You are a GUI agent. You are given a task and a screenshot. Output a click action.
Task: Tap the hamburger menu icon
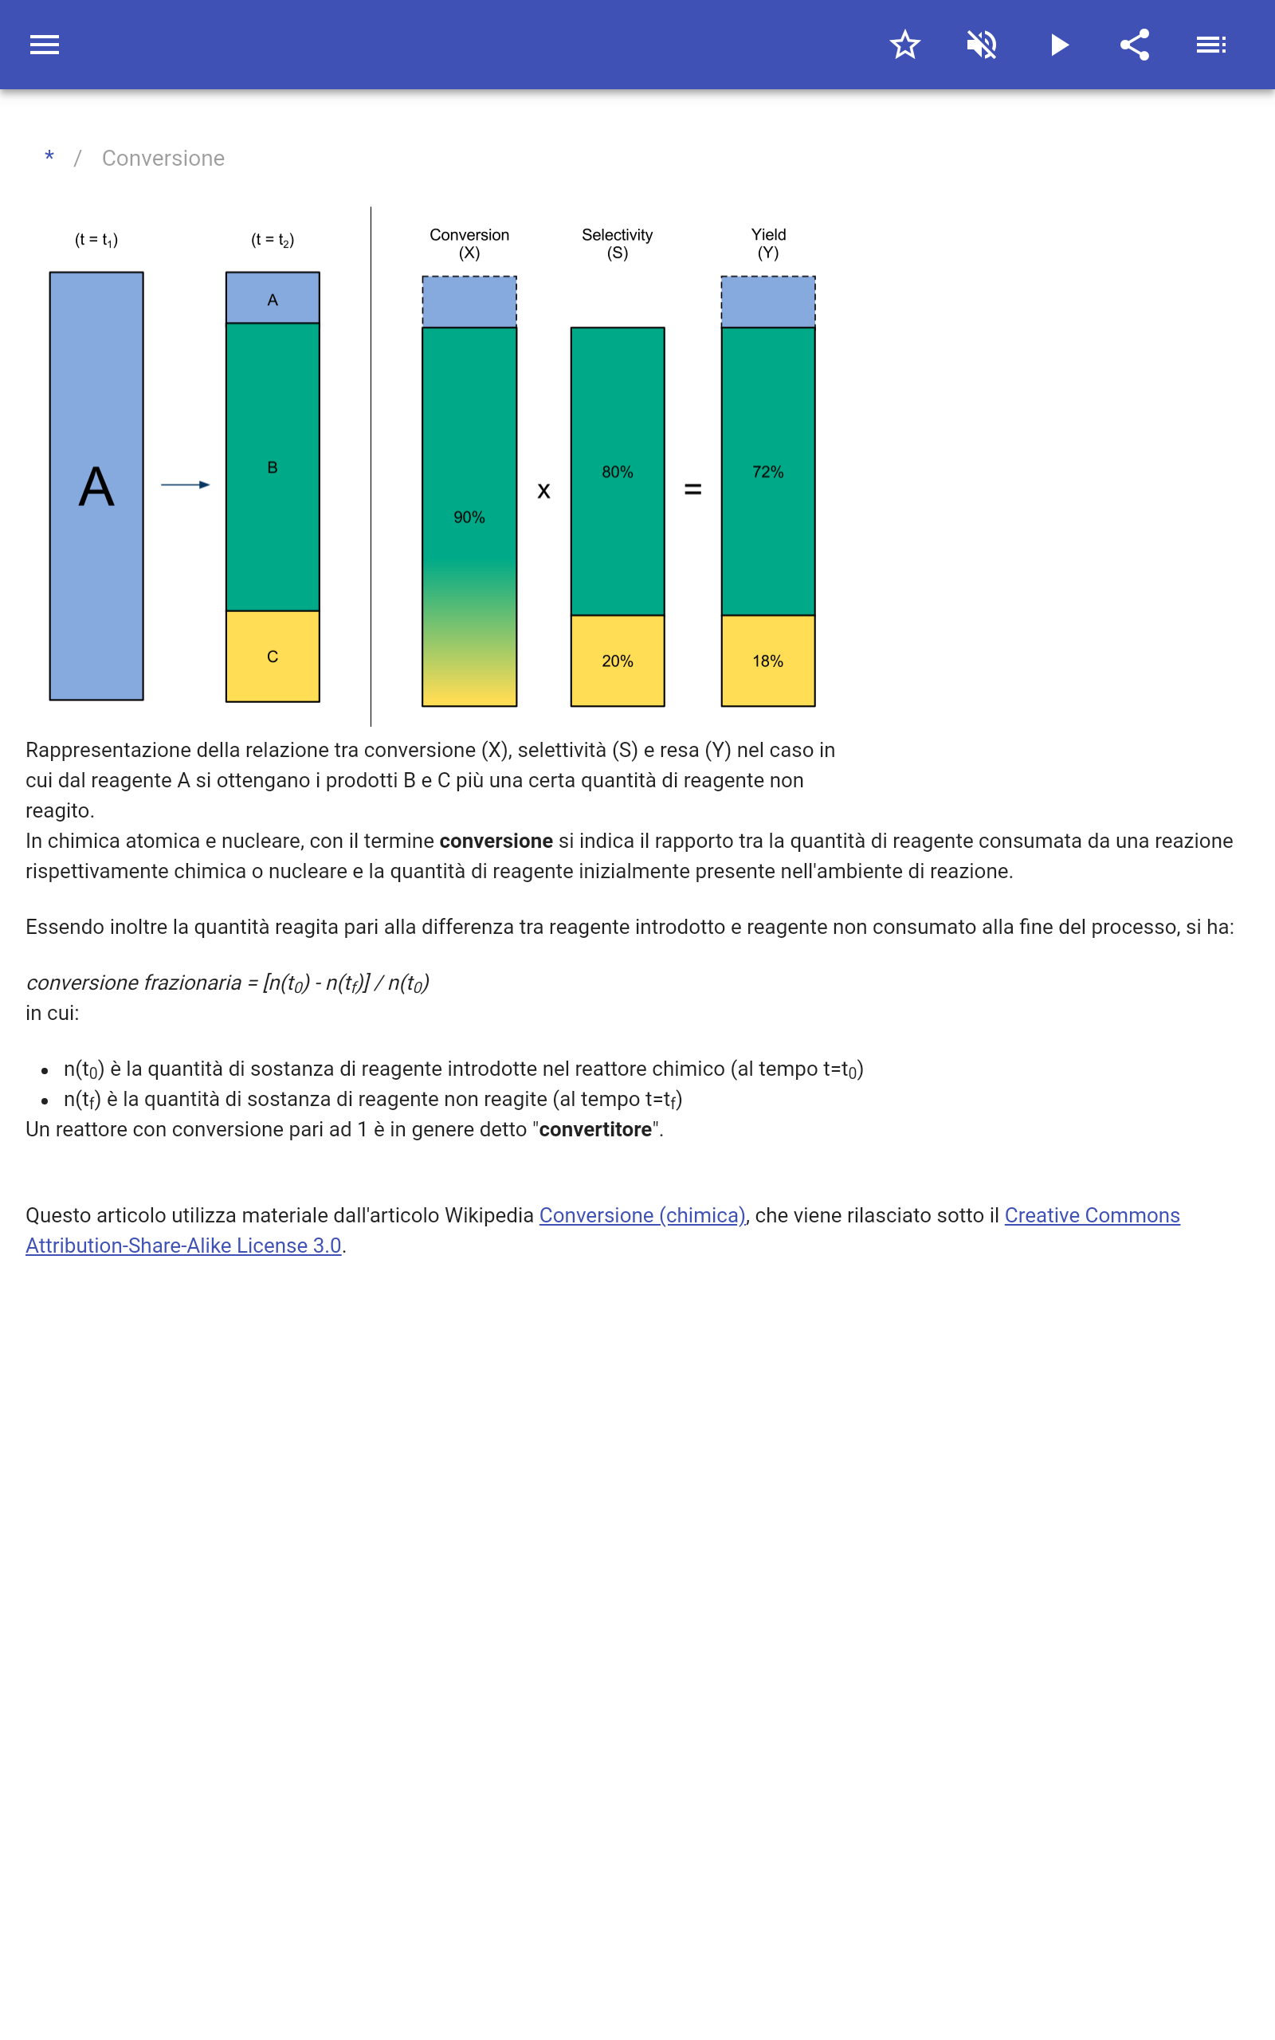(x=45, y=45)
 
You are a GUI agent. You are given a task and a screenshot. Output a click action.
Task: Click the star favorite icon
(x=904, y=45)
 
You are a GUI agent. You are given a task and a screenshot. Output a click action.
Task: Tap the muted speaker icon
(x=982, y=45)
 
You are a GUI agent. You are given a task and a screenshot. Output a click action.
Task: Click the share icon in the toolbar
(x=1135, y=45)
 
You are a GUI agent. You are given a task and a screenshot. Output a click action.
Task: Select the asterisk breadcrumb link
(x=49, y=158)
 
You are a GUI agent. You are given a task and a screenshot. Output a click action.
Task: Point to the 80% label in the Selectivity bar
(x=618, y=472)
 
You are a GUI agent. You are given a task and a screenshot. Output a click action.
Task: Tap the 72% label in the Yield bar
(x=767, y=472)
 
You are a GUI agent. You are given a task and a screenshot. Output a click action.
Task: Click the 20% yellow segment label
(x=618, y=661)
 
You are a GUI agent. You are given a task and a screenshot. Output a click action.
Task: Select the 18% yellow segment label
(x=767, y=661)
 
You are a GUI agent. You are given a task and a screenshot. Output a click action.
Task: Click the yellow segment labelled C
(x=273, y=657)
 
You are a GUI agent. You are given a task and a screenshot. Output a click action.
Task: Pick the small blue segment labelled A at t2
(x=273, y=300)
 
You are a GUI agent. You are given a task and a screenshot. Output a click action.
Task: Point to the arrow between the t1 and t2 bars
(x=186, y=484)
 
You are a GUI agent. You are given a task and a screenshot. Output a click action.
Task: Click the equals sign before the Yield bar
(x=693, y=490)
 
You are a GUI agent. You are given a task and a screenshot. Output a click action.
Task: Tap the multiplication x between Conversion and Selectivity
(x=544, y=491)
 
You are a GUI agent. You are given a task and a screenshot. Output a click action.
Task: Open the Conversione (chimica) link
(x=641, y=1214)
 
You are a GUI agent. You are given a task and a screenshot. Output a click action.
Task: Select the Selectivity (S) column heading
(x=618, y=244)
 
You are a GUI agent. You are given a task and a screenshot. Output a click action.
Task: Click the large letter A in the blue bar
(x=96, y=486)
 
